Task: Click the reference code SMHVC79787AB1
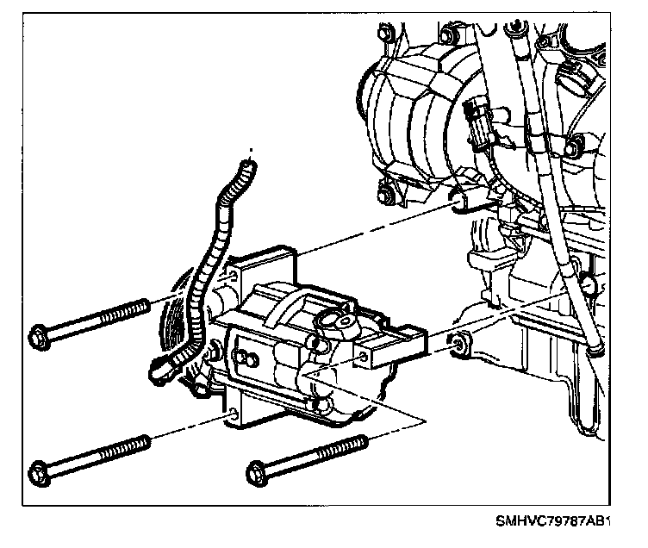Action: (552, 522)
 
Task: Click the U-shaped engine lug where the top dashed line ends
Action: (462, 202)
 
